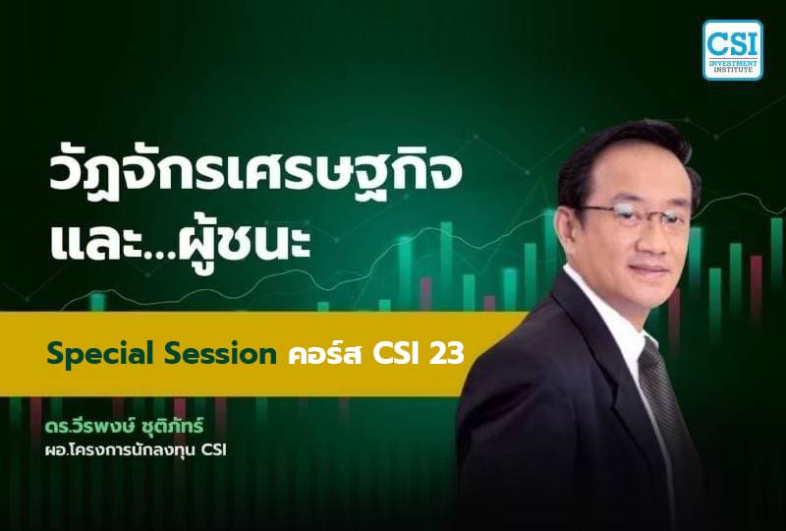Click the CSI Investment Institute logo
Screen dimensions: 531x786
click(732, 49)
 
